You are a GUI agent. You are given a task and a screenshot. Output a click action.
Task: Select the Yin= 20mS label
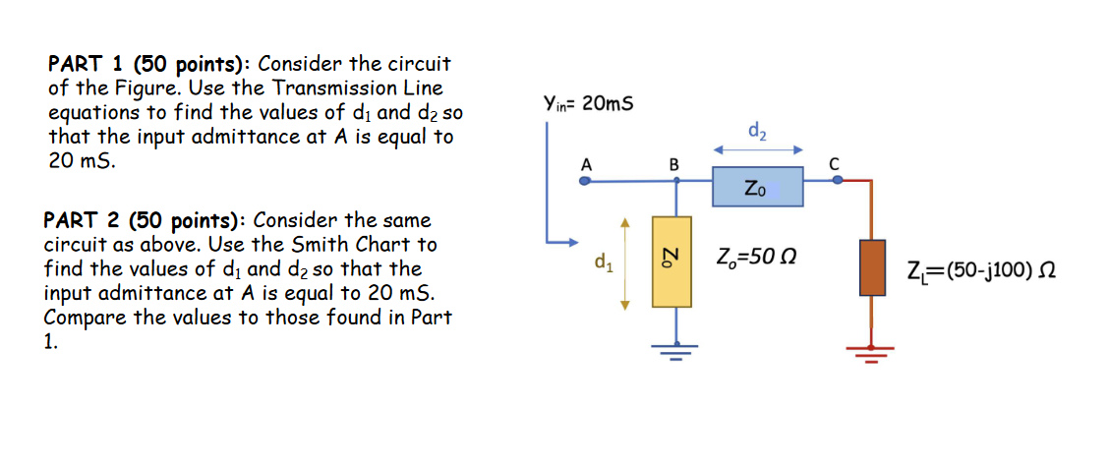pos(587,103)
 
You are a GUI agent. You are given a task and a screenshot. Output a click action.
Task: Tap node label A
pos(586,164)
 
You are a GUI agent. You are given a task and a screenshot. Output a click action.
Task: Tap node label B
pos(673,164)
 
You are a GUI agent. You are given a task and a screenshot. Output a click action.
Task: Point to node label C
pos(835,164)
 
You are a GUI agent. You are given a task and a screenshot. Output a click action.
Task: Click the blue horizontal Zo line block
pos(757,186)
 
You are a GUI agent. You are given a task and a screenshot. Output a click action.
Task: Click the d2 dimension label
pos(758,129)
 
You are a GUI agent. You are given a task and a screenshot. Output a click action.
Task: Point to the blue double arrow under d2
pos(758,150)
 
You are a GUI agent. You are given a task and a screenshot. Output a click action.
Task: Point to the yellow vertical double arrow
pos(621,261)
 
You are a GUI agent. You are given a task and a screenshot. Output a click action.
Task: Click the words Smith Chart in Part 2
pos(383,244)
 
